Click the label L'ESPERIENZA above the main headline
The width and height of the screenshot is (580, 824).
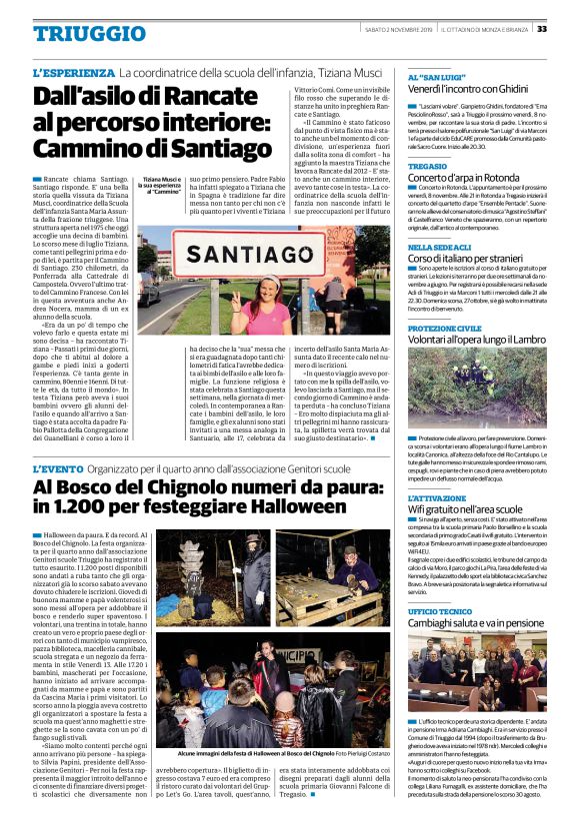[72, 73]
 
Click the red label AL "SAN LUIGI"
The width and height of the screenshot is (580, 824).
[434, 76]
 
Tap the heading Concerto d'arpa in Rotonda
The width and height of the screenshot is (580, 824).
[466, 177]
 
